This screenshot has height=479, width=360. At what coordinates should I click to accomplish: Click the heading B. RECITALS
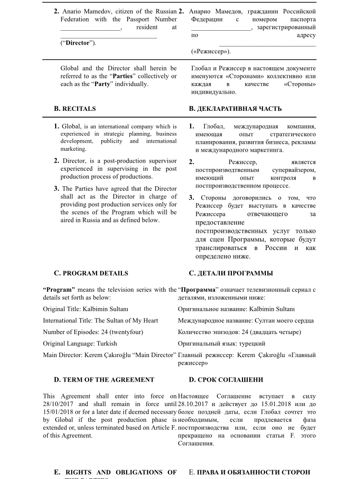pos(75,109)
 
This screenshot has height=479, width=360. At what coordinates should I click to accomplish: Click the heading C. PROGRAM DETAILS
pos(91,274)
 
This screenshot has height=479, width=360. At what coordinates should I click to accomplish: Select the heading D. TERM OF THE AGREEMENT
pos(104,380)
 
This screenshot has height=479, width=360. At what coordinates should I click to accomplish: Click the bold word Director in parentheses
pos(78,43)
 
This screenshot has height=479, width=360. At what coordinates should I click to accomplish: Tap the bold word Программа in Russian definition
pos(197,290)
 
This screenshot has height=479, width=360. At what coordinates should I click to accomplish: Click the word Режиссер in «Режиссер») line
pos(210,51)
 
